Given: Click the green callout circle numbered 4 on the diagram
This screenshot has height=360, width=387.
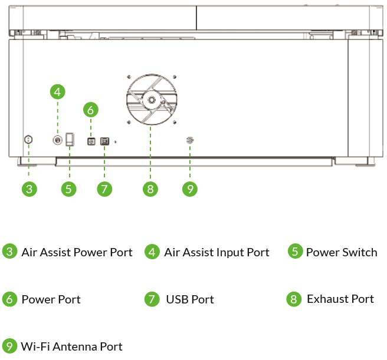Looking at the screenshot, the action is [x=57, y=92].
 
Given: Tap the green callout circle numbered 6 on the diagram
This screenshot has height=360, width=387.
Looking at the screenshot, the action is [x=91, y=110].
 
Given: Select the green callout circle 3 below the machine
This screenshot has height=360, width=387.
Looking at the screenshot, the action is [x=29, y=189].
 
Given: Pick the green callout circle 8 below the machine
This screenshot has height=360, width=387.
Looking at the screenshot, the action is [x=150, y=189].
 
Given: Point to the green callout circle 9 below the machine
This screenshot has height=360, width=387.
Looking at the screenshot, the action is [x=190, y=189].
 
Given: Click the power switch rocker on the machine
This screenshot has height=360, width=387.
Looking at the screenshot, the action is [x=70, y=139].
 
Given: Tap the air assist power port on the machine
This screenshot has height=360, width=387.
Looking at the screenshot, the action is [x=29, y=140].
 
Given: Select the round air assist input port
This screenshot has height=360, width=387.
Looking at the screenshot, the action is [x=57, y=140].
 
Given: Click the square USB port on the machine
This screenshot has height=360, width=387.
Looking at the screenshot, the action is [x=104, y=141].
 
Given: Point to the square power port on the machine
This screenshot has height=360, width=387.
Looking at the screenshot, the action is [x=91, y=141].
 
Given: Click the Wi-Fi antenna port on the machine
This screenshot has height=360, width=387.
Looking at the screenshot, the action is [x=190, y=140].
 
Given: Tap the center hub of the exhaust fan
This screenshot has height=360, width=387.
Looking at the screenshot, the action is [x=152, y=100].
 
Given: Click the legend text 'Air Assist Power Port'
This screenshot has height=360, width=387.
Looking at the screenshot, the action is [x=77, y=252].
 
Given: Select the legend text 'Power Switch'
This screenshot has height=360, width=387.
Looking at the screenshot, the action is [x=342, y=252].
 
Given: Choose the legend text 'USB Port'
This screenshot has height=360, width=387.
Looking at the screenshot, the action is [x=190, y=299].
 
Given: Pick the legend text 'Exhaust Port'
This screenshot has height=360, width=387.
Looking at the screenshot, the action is [x=340, y=299].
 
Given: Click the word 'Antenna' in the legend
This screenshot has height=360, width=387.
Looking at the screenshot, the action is [x=75, y=346].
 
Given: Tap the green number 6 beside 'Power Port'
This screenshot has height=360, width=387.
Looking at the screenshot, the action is [x=9, y=299].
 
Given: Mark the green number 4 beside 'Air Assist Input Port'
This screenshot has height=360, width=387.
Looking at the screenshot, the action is [x=152, y=252].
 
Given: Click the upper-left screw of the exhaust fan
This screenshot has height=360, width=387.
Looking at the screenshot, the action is [x=129, y=77].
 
